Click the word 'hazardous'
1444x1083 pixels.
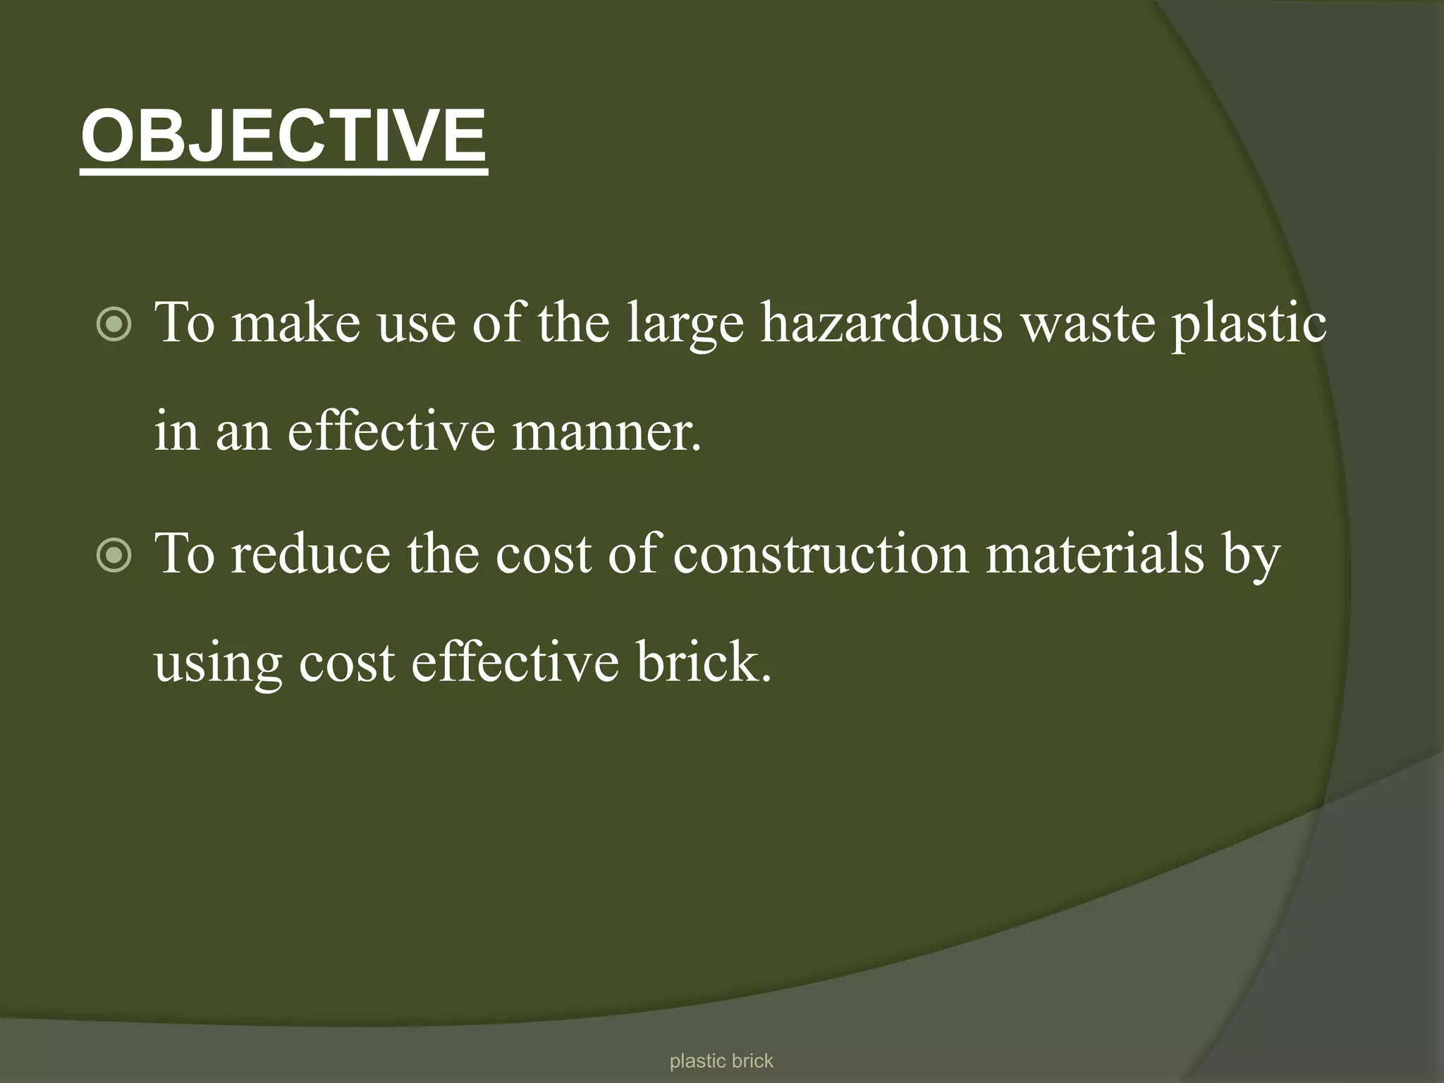(881, 323)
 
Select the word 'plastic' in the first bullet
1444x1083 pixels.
(1249, 323)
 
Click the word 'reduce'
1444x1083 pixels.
(310, 554)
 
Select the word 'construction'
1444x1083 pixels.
(821, 554)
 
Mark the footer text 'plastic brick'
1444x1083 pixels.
(721, 1061)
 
